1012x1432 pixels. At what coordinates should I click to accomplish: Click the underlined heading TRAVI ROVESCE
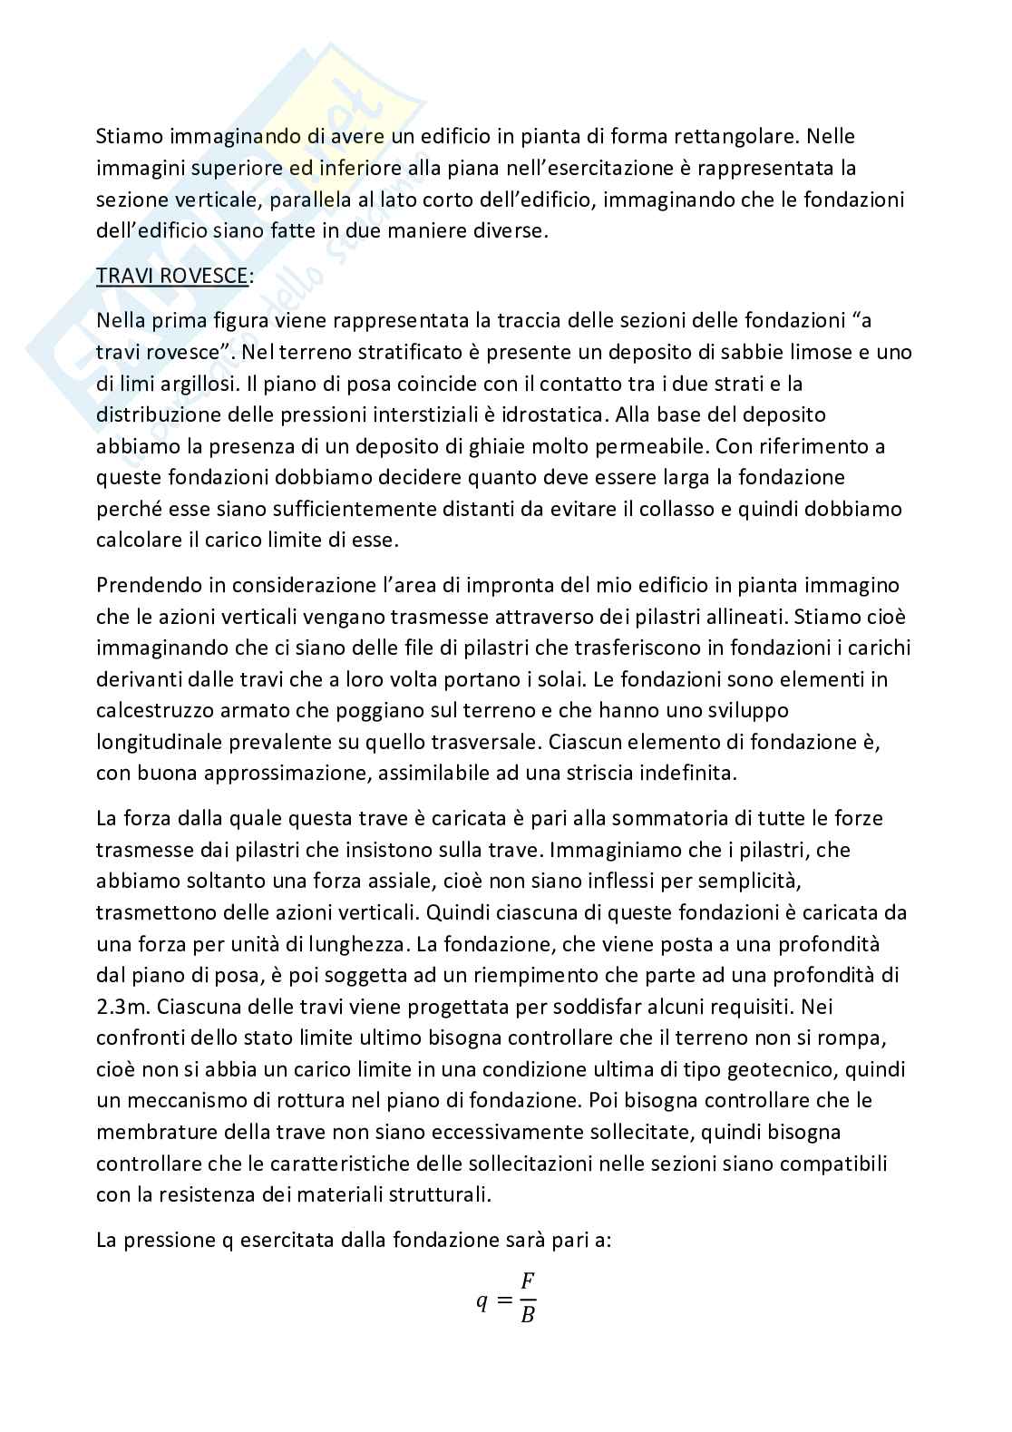[x=172, y=276]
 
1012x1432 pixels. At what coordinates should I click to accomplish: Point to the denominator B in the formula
[x=528, y=1315]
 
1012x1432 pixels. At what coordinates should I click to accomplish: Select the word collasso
[x=674, y=509]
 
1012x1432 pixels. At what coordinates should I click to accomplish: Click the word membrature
[x=151, y=1132]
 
